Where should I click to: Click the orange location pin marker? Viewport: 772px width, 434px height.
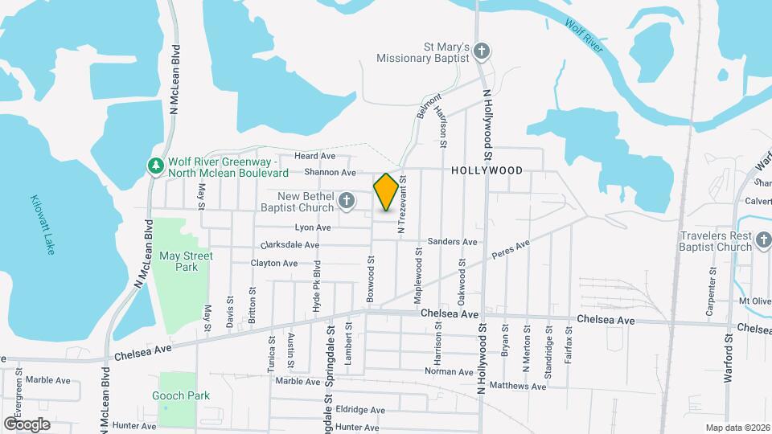point(386,191)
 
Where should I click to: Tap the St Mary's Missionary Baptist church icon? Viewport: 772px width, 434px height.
point(481,52)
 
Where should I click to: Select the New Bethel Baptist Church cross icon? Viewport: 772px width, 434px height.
point(347,201)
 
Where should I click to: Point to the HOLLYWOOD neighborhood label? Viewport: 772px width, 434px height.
point(487,170)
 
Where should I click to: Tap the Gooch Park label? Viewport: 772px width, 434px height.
point(181,395)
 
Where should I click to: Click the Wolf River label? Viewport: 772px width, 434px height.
point(585,36)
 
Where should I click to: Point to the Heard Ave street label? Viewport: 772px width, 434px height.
point(314,156)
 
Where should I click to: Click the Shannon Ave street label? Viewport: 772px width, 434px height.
point(330,172)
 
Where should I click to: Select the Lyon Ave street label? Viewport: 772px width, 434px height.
point(313,227)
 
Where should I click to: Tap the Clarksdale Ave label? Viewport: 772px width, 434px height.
point(289,245)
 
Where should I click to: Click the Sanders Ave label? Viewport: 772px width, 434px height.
point(452,241)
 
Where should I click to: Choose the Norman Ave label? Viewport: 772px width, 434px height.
point(449,372)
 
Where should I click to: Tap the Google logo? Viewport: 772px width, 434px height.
point(27,424)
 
